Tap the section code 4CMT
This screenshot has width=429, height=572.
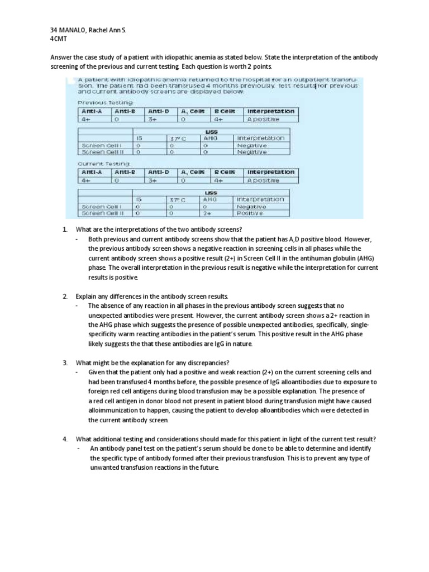[59, 39]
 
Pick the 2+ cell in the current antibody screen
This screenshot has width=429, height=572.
[206, 213]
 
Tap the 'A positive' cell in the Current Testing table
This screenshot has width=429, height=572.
[263, 180]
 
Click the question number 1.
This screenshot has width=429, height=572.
[65, 230]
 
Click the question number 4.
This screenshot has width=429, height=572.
[65, 438]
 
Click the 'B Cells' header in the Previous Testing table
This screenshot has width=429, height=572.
[218, 111]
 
